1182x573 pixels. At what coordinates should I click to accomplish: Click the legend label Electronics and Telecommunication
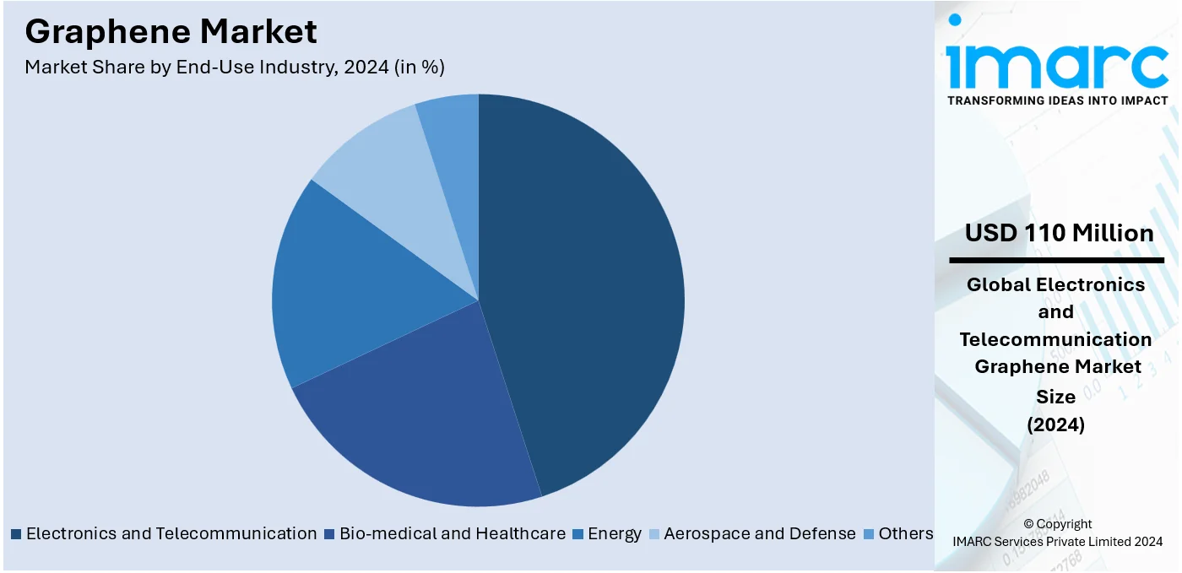(171, 533)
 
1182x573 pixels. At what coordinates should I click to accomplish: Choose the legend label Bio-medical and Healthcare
(453, 533)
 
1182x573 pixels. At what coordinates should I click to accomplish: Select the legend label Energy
(615, 533)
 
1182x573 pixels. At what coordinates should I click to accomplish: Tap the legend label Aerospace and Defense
(760, 533)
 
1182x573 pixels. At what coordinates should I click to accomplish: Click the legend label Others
(906, 533)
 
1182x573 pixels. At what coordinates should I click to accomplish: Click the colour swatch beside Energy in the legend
(578, 534)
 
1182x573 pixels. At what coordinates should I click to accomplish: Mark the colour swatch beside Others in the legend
(869, 534)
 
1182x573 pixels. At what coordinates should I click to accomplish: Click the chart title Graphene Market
(171, 31)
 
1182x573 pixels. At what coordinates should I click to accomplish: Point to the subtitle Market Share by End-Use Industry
(235, 68)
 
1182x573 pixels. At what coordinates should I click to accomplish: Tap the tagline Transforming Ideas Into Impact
(1057, 100)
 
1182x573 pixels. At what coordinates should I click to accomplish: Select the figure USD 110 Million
(1059, 233)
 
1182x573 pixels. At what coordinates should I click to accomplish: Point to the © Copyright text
(1057, 524)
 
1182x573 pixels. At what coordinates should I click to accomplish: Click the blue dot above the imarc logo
(955, 19)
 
